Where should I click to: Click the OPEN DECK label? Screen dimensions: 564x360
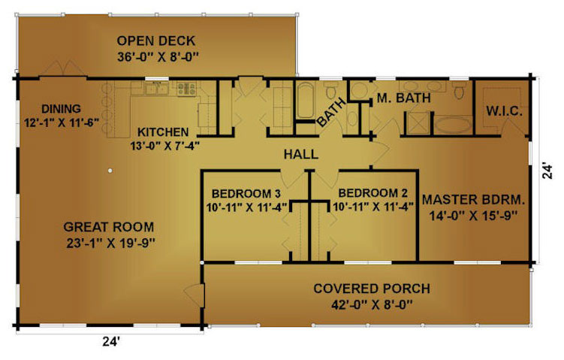click(155, 41)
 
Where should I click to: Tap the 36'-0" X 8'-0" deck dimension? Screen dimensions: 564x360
click(158, 57)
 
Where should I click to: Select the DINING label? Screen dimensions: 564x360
click(61, 109)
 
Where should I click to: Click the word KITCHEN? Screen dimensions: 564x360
click(163, 132)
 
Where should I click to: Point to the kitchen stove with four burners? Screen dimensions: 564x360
click(186, 89)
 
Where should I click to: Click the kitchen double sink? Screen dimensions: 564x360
click(156, 88)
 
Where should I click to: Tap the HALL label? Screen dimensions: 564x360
click(301, 154)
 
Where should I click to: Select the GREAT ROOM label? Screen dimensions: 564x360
click(109, 227)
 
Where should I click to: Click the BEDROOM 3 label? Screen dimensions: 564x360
click(246, 194)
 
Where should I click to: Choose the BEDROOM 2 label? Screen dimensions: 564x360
click(373, 193)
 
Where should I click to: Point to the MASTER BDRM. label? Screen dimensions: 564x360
click(473, 199)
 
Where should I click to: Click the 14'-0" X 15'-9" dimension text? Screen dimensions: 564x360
click(473, 216)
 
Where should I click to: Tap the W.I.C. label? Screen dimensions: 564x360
click(504, 111)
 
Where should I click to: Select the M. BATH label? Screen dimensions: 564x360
click(403, 98)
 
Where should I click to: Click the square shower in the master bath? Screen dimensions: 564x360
click(418, 123)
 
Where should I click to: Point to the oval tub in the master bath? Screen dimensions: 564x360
click(453, 125)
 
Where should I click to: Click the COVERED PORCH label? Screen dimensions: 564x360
click(372, 289)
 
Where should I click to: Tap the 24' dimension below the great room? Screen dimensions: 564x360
click(111, 341)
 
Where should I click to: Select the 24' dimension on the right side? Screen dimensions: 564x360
click(547, 171)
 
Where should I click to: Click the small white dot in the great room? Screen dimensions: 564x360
click(110, 171)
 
